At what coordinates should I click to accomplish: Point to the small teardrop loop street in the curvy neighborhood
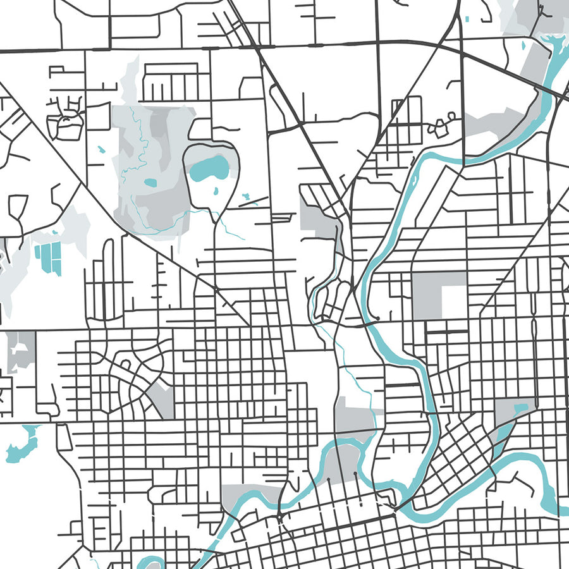(x=125, y=365)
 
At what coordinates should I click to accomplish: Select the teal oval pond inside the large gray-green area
(x=150, y=183)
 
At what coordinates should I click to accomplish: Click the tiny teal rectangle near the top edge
(x=467, y=19)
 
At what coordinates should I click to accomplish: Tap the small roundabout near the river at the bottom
(x=278, y=518)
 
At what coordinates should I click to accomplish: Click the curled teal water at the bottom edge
(x=150, y=561)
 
